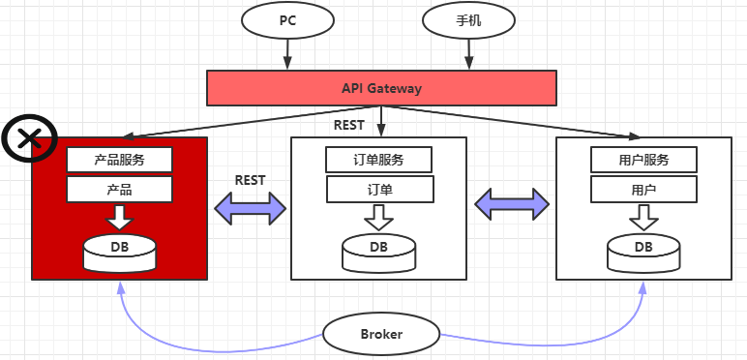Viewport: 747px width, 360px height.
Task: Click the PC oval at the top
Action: (x=287, y=20)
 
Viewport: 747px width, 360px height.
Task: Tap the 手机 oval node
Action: (x=468, y=20)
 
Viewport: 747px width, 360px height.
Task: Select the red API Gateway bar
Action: (x=381, y=88)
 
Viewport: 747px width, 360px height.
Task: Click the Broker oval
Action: (x=381, y=333)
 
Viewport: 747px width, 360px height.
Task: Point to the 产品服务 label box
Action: (x=119, y=160)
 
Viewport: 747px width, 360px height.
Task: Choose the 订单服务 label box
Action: (x=378, y=160)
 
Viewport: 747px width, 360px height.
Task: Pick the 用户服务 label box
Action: (x=643, y=160)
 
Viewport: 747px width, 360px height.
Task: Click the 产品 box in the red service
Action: (x=119, y=190)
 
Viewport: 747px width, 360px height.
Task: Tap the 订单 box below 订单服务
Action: (x=379, y=190)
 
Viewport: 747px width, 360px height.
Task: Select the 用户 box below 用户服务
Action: (x=643, y=190)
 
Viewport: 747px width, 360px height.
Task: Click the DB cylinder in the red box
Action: (x=120, y=253)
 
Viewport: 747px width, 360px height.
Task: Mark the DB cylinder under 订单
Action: (x=378, y=253)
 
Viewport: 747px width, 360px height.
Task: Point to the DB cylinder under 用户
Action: (x=643, y=253)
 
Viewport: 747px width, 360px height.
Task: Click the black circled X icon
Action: (x=30, y=138)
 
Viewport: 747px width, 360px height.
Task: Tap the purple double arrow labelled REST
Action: (x=250, y=208)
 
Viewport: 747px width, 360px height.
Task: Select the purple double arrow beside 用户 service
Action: (x=512, y=204)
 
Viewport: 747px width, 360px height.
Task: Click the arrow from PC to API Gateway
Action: (x=287, y=54)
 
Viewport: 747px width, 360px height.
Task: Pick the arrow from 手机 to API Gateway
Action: (x=468, y=54)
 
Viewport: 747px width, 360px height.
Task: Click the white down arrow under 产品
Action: (x=119, y=217)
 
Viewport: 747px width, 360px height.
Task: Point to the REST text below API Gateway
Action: (x=348, y=125)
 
